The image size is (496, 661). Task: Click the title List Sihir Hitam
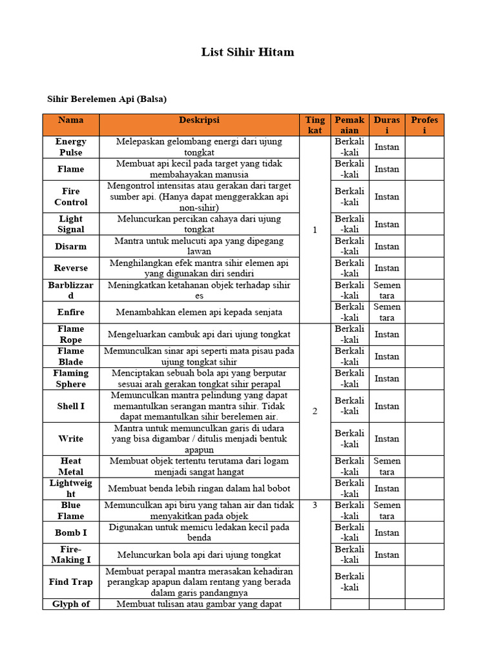[x=247, y=52]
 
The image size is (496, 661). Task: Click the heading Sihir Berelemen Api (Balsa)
[x=107, y=99]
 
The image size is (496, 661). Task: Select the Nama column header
[x=71, y=120]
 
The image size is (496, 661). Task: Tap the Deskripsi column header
[x=200, y=120]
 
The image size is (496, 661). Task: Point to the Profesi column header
[x=424, y=125]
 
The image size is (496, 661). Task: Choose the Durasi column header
[x=387, y=125]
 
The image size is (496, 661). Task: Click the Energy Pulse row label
[x=71, y=147]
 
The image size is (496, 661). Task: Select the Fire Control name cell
[x=71, y=197]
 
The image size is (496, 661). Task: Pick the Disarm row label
[x=71, y=247]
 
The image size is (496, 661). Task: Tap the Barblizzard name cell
[x=71, y=290]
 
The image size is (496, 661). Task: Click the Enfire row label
[x=71, y=312]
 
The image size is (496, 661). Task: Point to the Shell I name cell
[x=71, y=407]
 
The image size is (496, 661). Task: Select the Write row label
[x=71, y=439]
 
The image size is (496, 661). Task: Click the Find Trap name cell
[x=71, y=582]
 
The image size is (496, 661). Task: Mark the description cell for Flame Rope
[x=200, y=334]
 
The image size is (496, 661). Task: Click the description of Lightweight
[x=200, y=489]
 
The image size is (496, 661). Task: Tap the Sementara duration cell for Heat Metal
[x=387, y=467]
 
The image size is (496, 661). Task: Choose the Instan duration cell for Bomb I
[x=387, y=533]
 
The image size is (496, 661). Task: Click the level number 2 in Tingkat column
[x=315, y=411]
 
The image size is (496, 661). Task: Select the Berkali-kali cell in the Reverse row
[x=349, y=269]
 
